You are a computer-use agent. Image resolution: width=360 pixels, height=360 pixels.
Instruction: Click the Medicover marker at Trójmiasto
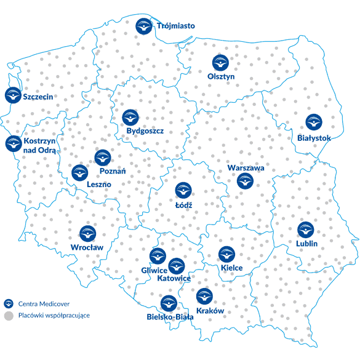tap(143, 26)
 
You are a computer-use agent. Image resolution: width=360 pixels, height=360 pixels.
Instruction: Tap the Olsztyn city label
tap(221, 76)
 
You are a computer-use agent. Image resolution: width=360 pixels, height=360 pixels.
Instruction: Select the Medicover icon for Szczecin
tap(12, 95)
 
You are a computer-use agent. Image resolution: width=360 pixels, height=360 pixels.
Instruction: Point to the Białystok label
tap(313, 138)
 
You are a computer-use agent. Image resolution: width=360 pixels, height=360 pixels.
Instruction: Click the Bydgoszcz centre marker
tap(130, 117)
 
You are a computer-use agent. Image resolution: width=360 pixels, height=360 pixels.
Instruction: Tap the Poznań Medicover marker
tap(103, 158)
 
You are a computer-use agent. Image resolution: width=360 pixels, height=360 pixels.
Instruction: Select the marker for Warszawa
tap(246, 181)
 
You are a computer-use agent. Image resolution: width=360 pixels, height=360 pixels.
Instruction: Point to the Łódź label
tap(184, 204)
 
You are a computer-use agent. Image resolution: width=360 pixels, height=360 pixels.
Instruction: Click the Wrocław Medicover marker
tap(87, 234)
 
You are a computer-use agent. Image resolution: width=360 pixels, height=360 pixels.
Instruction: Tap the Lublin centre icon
tap(305, 230)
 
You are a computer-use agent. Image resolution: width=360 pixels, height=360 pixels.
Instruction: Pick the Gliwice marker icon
tap(158, 256)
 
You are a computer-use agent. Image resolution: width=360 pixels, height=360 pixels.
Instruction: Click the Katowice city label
tap(174, 279)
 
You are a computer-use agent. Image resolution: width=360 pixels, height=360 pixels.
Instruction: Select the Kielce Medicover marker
tap(227, 254)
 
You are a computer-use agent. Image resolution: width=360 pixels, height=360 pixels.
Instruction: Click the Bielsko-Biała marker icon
tap(169, 303)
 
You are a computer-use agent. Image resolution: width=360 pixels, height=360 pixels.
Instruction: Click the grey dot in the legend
tap(9, 315)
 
